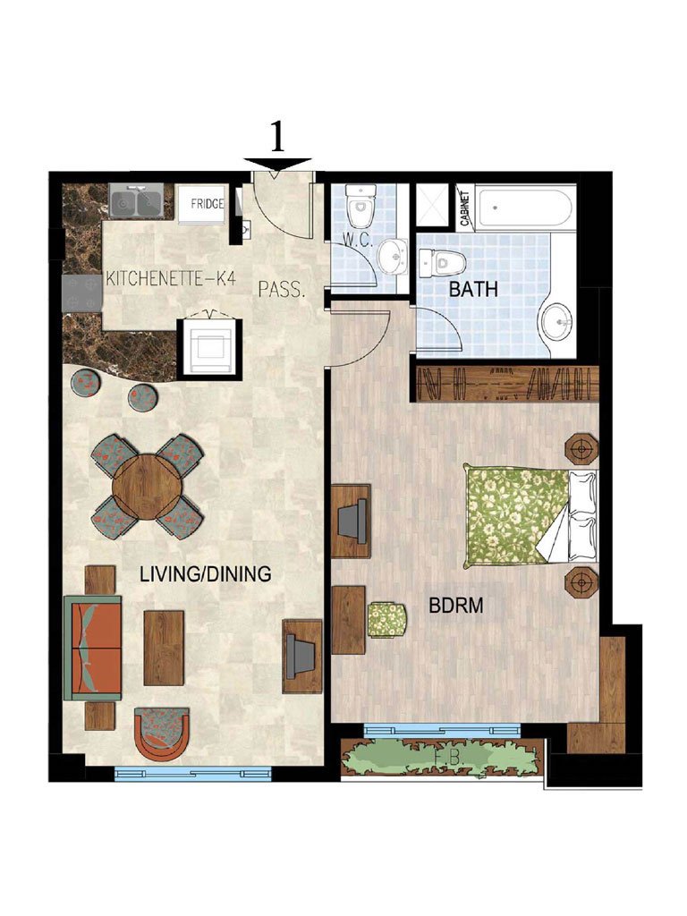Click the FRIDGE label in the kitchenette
click(207, 204)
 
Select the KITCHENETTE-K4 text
click(171, 279)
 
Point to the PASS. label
click(282, 290)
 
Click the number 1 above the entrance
click(277, 137)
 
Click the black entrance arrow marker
click(277, 165)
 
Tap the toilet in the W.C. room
click(360, 206)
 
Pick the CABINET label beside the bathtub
click(465, 208)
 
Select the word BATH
click(473, 289)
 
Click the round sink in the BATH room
click(559, 321)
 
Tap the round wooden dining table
click(147, 487)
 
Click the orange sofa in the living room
click(92, 648)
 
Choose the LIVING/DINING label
click(206, 573)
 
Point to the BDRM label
click(456, 606)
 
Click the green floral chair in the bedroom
click(387, 620)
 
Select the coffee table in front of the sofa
click(164, 648)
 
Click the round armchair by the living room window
click(162, 734)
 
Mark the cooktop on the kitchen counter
click(82, 293)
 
